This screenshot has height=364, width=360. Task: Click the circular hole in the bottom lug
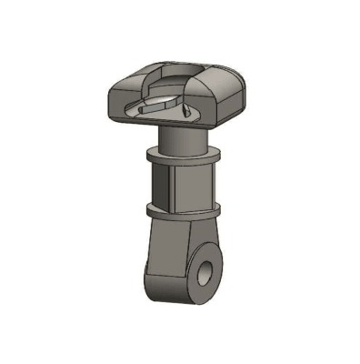[x=207, y=272]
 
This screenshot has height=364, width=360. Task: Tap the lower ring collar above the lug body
[x=182, y=212]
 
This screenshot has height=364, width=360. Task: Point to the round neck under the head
[x=185, y=138]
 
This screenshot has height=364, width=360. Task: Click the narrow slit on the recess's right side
[x=189, y=111]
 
